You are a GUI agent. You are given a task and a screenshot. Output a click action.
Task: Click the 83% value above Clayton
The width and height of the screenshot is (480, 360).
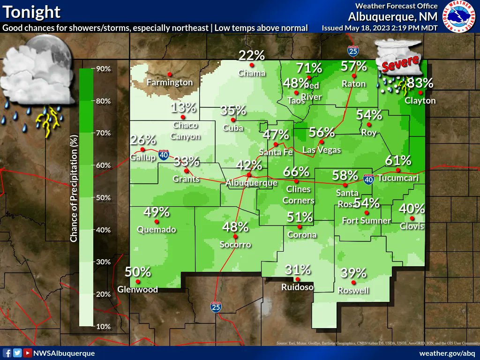tap(420, 83)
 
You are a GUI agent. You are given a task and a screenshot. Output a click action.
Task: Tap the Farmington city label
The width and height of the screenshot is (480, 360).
tap(170, 82)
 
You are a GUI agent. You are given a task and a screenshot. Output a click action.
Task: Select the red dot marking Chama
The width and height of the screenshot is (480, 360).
tap(252, 65)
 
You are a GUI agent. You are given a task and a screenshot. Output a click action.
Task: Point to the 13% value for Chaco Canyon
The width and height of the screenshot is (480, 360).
tap(183, 108)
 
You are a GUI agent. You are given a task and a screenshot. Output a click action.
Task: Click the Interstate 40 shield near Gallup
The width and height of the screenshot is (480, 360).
tap(163, 155)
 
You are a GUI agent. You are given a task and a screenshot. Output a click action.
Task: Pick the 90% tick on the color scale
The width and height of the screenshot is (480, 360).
tap(103, 69)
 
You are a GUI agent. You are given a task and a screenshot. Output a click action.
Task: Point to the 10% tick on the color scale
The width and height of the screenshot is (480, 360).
tap(103, 326)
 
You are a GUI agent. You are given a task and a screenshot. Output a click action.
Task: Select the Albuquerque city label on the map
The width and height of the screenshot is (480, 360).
tap(251, 183)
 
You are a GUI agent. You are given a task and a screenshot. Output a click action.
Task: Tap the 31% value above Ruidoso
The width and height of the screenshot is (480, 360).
tap(298, 270)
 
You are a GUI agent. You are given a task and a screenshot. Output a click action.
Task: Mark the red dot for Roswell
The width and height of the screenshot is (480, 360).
tap(353, 282)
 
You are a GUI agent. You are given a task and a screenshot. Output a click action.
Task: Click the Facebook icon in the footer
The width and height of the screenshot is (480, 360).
tap(7, 353)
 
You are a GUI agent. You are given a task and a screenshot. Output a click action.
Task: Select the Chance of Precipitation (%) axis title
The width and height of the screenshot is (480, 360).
tap(74, 197)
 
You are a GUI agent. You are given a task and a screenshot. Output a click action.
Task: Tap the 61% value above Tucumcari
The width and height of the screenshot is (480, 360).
tap(398, 160)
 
